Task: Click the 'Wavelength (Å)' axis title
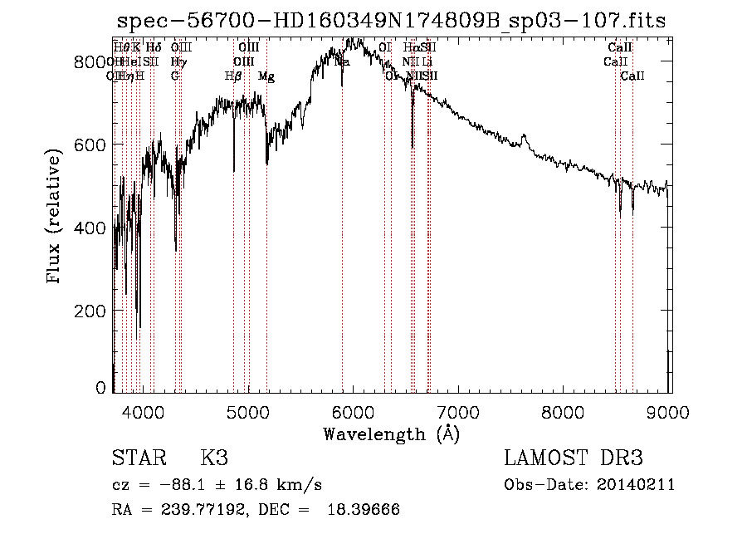pyautogui.click(x=391, y=434)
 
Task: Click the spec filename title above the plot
pyautogui.click(x=391, y=21)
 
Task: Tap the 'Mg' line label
pyautogui.click(x=267, y=76)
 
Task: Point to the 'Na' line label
pyautogui.click(x=342, y=62)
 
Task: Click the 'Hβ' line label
pyautogui.click(x=232, y=76)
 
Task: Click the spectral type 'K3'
pyautogui.click(x=214, y=458)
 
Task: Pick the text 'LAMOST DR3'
pyautogui.click(x=574, y=458)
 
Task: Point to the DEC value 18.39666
pyautogui.click(x=364, y=510)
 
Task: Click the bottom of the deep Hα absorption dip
pyautogui.click(x=413, y=147)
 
